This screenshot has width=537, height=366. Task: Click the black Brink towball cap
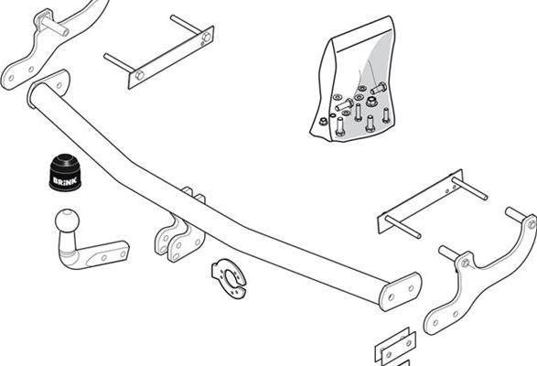click(65, 172)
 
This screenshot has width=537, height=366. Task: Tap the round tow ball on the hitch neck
click(67, 220)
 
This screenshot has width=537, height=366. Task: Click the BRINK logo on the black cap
click(65, 180)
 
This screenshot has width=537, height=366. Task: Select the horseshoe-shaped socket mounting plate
click(229, 278)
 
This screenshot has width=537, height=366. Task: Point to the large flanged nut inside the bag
click(371, 101)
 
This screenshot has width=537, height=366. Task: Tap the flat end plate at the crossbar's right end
click(400, 291)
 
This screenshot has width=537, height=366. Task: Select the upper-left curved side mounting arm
click(51, 45)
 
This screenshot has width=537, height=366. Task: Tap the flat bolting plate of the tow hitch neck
click(106, 254)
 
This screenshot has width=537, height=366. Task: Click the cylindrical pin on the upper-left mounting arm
click(55, 26)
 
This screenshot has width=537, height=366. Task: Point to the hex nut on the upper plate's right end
click(207, 37)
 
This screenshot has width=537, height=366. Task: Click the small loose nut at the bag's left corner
click(323, 122)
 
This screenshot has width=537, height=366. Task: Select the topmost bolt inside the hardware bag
click(379, 88)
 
